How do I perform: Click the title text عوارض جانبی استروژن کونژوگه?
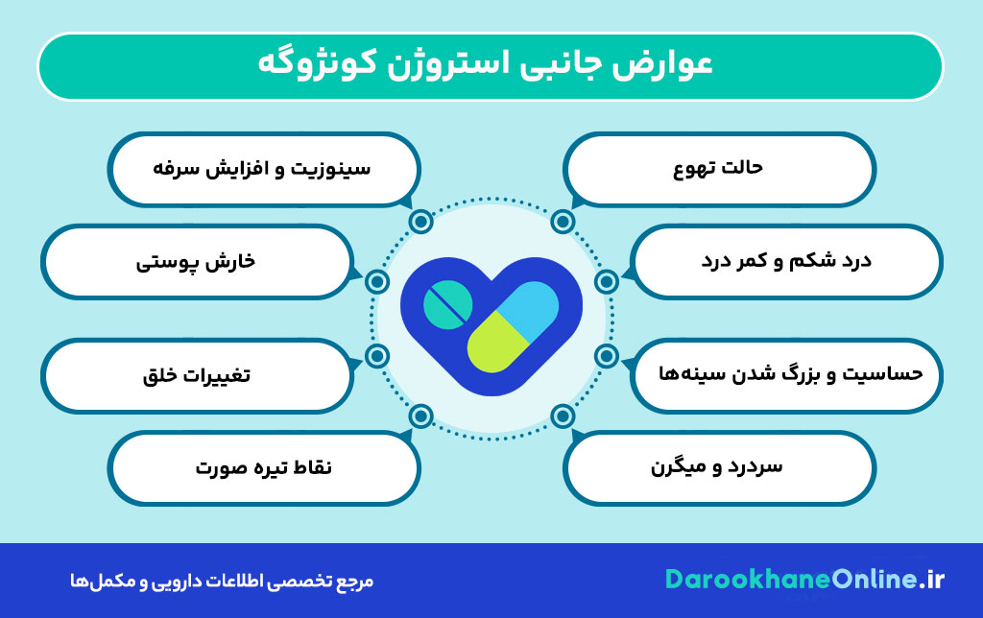[x=491, y=65]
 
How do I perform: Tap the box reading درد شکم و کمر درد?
[x=787, y=261]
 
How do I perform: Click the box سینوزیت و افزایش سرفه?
[x=263, y=168]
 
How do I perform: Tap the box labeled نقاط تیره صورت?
[x=263, y=467]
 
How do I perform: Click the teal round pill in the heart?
[x=447, y=306]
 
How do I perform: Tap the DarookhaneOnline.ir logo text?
[x=804, y=579]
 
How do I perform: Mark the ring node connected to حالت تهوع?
[x=563, y=222]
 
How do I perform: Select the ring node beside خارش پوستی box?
[x=377, y=281]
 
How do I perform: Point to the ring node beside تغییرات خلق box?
[x=377, y=357]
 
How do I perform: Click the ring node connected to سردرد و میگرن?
[x=563, y=416]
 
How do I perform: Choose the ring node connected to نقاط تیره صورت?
[x=420, y=416]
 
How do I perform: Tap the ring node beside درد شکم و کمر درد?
[x=606, y=281]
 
